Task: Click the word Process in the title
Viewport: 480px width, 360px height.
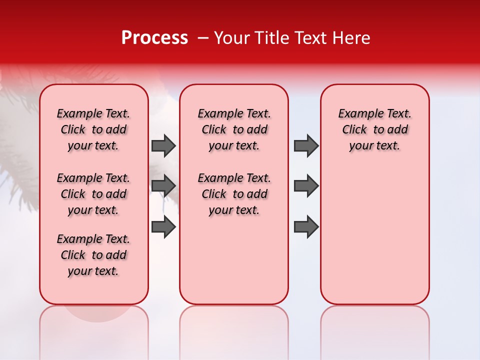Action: [x=154, y=38]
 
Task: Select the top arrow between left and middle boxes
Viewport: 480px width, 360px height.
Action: [x=163, y=145]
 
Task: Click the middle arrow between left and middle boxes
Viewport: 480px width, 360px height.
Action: [x=163, y=186]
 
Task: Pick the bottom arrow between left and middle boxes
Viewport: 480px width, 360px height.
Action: [x=163, y=227]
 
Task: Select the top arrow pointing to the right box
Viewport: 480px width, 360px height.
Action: [x=306, y=145]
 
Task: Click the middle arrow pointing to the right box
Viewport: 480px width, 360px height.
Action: [x=306, y=186]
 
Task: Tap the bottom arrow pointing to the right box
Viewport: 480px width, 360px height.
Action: [x=306, y=227]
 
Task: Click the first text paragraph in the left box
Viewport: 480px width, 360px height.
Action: [x=93, y=129]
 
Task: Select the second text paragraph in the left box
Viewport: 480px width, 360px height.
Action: [x=93, y=194]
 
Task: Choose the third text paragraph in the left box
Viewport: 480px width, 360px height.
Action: [x=93, y=255]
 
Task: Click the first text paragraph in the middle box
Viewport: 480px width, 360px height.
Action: [x=234, y=129]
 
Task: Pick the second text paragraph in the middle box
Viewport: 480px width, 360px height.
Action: [x=234, y=194]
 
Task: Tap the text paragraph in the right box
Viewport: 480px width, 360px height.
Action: [x=375, y=129]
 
